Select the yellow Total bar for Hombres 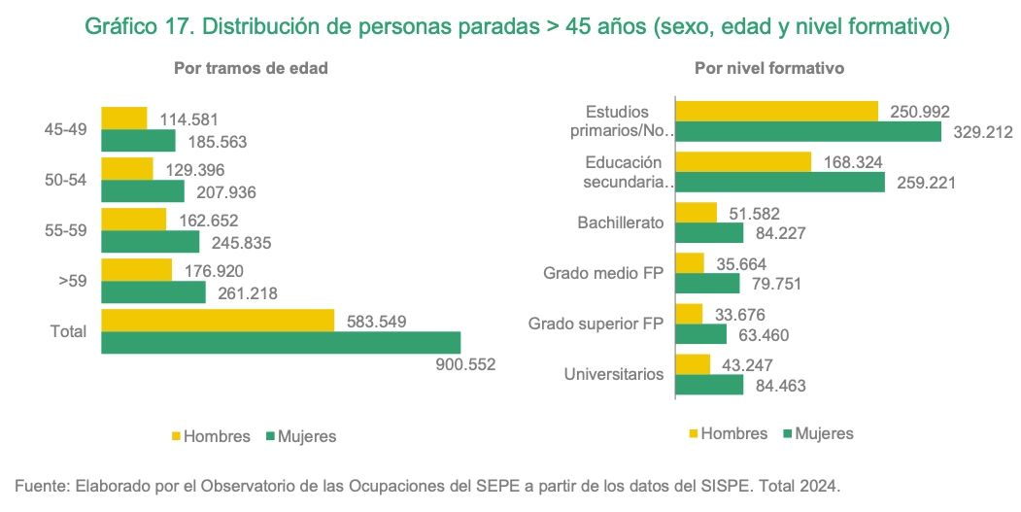click(218, 320)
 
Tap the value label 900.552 click(463, 365)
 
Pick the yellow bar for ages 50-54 click(127, 169)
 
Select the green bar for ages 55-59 click(151, 241)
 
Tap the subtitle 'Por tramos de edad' click(251, 69)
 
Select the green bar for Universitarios click(708, 385)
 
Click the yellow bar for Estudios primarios click(776, 111)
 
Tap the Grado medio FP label click(603, 273)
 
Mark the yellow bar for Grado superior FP click(688, 313)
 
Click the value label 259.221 click(924, 182)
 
